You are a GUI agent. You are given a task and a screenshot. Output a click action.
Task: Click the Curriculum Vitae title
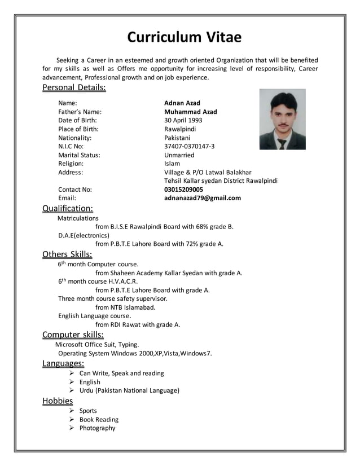point(184,37)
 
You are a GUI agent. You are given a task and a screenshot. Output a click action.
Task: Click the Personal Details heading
point(74,88)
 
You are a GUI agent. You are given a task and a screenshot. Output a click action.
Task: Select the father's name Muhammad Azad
point(190,112)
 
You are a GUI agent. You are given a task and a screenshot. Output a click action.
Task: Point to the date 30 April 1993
point(183,120)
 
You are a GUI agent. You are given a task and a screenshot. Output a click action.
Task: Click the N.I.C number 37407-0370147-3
point(189,146)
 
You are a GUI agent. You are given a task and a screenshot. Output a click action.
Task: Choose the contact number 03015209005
point(183,190)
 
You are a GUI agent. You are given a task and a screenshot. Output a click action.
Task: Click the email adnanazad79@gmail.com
point(202,198)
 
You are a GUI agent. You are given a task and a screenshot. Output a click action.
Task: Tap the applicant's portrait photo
point(282,119)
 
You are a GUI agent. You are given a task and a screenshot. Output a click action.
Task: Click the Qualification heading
point(68,209)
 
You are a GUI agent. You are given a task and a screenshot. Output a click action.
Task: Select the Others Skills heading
point(67,254)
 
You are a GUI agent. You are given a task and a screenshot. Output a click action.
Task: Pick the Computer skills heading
point(73,335)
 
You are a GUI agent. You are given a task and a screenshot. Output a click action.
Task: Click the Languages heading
point(63,363)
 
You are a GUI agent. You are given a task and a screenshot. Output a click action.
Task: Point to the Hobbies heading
point(58,401)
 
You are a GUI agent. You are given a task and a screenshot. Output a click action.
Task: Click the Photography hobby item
point(97,428)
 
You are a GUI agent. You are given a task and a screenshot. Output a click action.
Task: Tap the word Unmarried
point(179,155)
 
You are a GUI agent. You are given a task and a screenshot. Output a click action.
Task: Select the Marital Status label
point(79,155)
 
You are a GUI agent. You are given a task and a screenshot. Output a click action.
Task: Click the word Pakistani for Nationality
point(177,138)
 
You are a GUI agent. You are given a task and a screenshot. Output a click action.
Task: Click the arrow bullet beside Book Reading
point(72,420)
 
